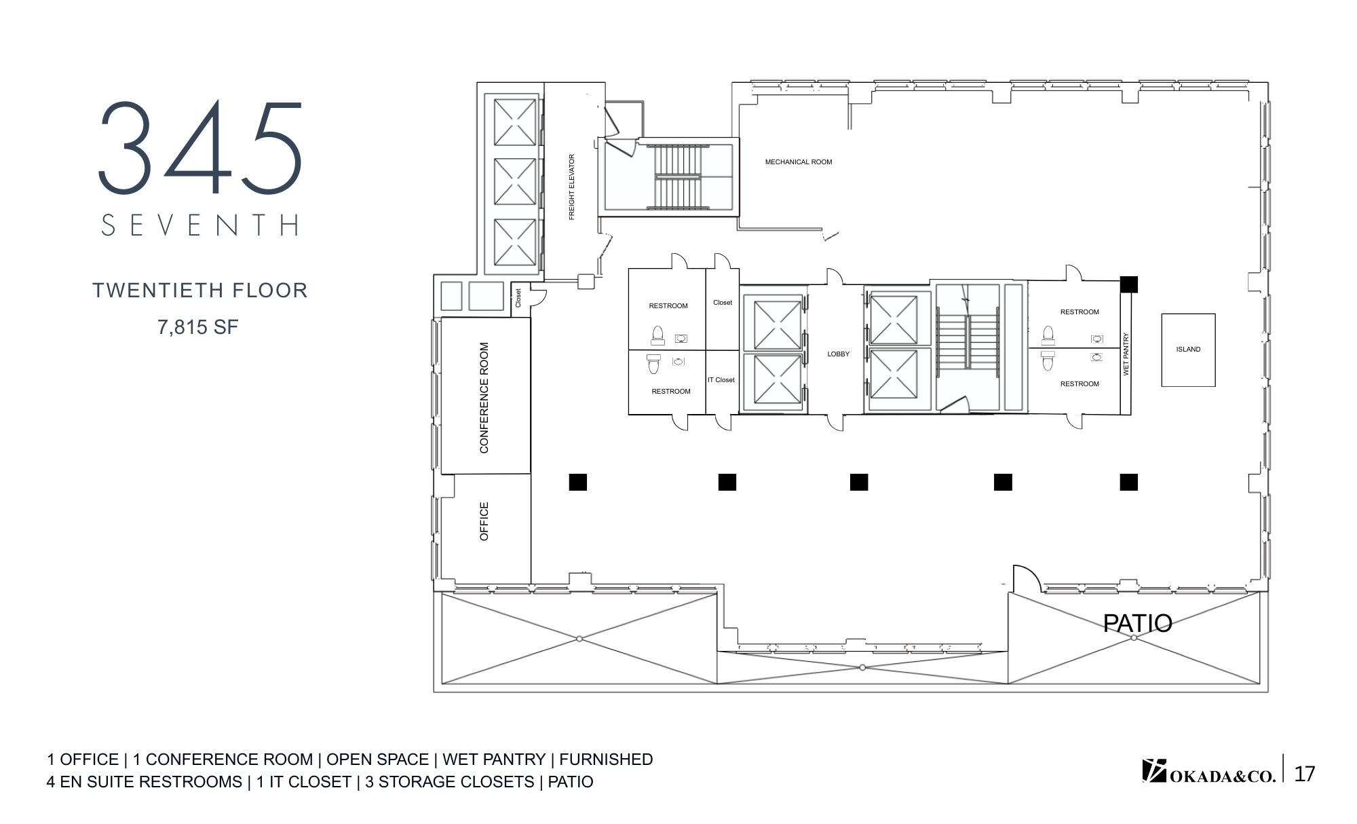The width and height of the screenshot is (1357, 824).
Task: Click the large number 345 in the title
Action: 201,148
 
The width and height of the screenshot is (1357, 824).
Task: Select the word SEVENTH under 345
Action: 201,225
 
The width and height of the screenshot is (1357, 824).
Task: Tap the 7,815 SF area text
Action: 198,327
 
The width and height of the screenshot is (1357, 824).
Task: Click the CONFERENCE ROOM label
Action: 484,398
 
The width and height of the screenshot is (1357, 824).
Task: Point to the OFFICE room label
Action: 484,521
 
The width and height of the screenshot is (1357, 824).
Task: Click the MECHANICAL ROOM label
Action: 798,162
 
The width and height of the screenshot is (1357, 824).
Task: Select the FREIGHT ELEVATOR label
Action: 571,187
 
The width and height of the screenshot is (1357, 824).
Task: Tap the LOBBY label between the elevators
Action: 838,354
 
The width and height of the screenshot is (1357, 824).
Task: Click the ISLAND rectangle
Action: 1188,350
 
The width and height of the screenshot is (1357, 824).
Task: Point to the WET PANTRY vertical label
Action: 1126,354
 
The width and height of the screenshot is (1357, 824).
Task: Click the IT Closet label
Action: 721,380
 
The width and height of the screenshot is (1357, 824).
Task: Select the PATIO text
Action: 1137,623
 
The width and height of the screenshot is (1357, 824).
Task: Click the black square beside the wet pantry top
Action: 1128,284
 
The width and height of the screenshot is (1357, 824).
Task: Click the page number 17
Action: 1304,774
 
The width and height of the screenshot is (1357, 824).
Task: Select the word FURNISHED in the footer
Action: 606,760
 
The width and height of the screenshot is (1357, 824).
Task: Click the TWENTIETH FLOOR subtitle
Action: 200,291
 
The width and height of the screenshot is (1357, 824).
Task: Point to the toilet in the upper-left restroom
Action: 657,335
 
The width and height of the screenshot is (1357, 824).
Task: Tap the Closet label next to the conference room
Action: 518,297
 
